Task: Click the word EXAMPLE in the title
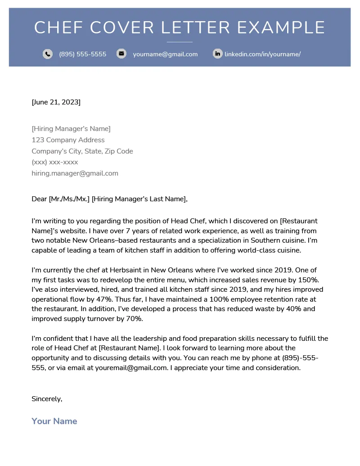tap(281, 28)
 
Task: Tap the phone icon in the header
tap(48, 54)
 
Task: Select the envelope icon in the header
tap(121, 54)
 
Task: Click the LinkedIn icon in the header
tap(217, 54)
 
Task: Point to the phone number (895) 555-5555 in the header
tap(82, 54)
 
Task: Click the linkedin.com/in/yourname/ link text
tap(262, 54)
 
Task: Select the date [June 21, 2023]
tap(56, 102)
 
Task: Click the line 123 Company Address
tap(68, 140)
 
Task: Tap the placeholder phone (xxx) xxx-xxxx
tap(54, 162)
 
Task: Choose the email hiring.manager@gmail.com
tap(75, 173)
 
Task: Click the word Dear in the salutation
tap(39, 199)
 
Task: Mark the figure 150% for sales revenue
tap(308, 280)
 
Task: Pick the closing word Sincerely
tap(47, 399)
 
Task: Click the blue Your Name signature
tap(54, 421)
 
